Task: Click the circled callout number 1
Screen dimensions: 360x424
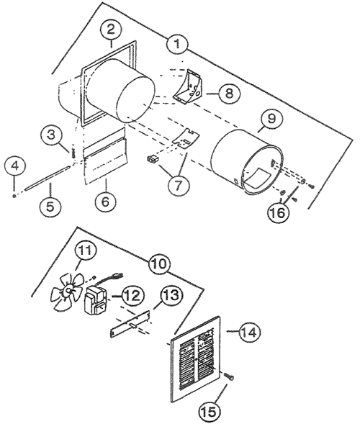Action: point(177,44)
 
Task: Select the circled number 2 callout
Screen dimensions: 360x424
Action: point(111,30)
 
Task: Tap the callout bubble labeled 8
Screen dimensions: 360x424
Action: point(230,94)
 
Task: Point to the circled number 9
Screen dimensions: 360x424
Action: point(271,118)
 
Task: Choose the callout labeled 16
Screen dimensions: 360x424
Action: point(279,213)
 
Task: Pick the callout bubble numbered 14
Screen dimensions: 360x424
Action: point(249,333)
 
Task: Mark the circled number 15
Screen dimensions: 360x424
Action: point(210,411)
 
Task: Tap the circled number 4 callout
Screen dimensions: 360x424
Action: point(15,166)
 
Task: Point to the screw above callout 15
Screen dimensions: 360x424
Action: point(229,376)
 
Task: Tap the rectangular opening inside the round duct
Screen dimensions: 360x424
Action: point(258,178)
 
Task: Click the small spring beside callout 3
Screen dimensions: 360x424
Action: point(73,153)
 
